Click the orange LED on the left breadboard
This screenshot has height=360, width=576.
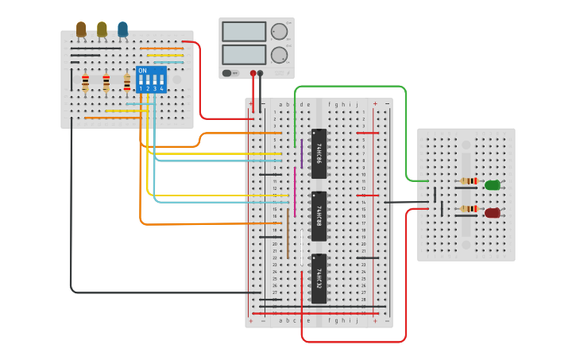tap(81, 29)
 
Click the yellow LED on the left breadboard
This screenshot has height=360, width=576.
tap(102, 29)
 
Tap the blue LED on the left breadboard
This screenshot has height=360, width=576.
tap(122, 29)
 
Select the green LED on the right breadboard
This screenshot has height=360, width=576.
tap(493, 185)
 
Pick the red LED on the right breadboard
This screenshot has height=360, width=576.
tap(493, 213)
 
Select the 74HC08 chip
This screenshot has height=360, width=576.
tap(319, 215)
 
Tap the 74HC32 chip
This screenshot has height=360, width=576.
tap(319, 278)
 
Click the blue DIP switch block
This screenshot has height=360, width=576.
tap(151, 79)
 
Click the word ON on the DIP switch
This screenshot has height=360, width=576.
tap(142, 71)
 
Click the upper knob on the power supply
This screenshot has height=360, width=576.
tap(279, 32)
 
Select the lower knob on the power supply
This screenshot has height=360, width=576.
tap(279, 55)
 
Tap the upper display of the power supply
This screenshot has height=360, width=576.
tap(244, 32)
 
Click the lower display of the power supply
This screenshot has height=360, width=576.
tap(244, 55)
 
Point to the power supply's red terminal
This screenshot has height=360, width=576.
tap(253, 73)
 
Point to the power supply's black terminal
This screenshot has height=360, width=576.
tap(261, 73)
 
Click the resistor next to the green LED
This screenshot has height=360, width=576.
tap(469, 181)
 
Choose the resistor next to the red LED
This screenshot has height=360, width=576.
tap(469, 209)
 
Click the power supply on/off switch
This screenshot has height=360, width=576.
tap(227, 73)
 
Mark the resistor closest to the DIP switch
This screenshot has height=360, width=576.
tap(126, 82)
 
